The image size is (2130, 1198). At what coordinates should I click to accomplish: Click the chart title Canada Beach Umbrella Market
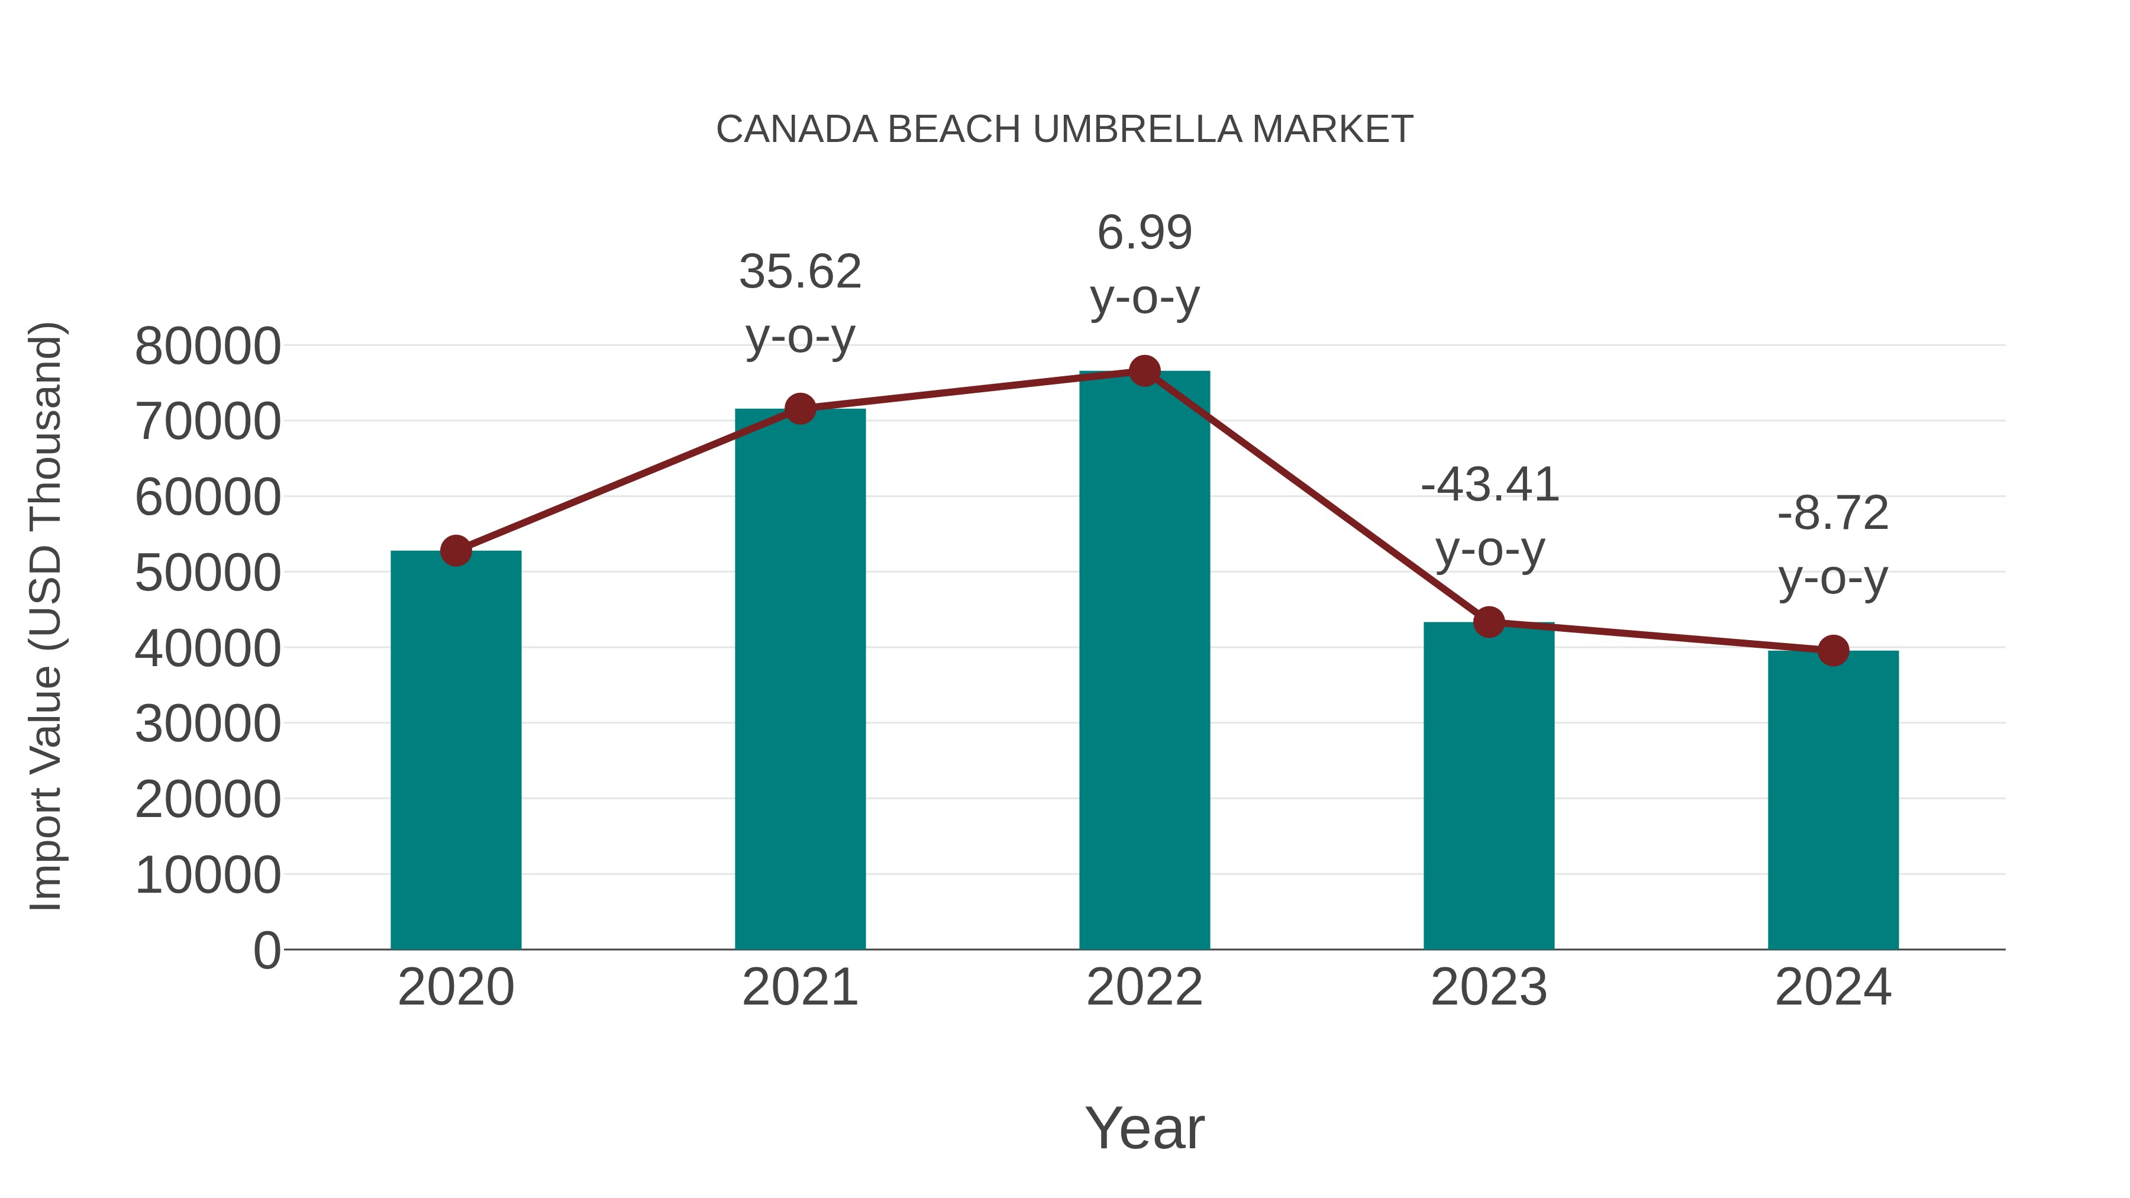1064,130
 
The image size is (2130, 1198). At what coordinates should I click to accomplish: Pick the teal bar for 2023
1489,786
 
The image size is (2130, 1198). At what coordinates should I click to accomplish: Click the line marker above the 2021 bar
799,408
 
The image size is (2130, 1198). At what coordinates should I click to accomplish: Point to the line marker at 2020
456,551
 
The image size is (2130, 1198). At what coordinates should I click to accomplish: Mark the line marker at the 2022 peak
1144,371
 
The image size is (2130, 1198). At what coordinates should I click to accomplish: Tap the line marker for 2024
1833,651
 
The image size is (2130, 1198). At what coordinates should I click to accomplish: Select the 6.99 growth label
1144,233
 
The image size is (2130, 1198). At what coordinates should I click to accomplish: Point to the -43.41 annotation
1489,485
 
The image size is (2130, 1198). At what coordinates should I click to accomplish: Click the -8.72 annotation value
1833,514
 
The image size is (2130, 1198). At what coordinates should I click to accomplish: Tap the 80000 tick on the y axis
208,347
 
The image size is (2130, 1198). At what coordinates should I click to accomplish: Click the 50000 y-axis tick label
208,573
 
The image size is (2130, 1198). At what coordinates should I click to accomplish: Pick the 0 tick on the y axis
266,950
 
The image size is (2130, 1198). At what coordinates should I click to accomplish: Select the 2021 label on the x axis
799,987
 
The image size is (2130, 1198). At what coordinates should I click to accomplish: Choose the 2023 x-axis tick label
1489,987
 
